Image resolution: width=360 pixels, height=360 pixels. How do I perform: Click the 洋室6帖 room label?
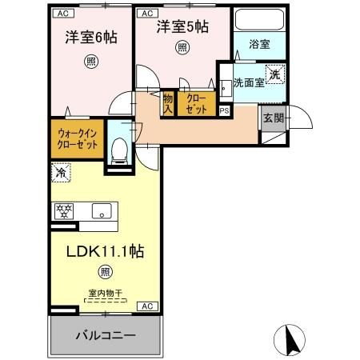(x=86, y=38)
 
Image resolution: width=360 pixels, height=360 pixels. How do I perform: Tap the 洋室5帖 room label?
(x=182, y=26)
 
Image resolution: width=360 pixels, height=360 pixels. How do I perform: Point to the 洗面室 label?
(x=249, y=82)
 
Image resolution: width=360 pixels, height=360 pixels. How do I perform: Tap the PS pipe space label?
(x=224, y=110)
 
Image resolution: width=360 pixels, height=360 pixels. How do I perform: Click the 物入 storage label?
(x=168, y=104)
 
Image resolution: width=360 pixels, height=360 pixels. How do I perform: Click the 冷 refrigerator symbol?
(x=60, y=170)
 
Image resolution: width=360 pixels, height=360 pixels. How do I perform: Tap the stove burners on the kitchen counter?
(x=64, y=211)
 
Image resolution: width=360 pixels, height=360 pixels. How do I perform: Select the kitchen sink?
(x=102, y=211)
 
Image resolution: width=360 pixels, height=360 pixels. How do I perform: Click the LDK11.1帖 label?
(x=104, y=251)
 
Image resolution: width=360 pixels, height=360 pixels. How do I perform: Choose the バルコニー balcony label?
(x=106, y=334)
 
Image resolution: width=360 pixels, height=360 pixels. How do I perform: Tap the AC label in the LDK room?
(x=147, y=306)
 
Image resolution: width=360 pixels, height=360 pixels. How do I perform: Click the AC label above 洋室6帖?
(x=62, y=13)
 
